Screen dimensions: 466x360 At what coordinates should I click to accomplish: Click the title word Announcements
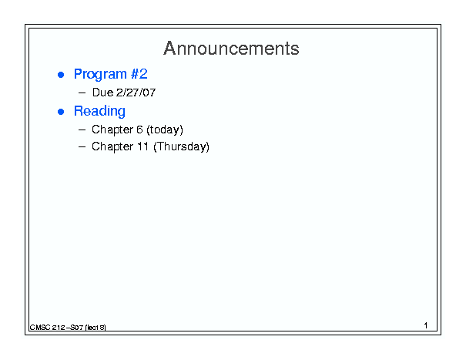click(x=231, y=49)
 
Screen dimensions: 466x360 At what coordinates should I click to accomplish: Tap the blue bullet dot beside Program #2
click(x=61, y=75)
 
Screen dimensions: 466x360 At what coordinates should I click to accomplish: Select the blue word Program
click(x=100, y=74)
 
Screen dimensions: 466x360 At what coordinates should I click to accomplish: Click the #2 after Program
click(x=139, y=74)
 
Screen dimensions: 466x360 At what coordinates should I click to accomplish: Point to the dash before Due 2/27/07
click(x=82, y=93)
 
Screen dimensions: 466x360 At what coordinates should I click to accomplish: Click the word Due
click(x=103, y=93)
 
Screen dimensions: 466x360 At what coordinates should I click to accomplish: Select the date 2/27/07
click(x=136, y=93)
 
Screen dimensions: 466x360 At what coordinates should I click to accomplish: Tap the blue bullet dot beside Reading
click(x=61, y=112)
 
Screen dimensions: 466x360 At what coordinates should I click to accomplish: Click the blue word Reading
click(x=99, y=111)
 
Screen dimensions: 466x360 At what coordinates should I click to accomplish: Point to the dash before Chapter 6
click(x=82, y=130)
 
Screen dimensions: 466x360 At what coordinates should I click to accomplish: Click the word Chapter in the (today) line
click(x=112, y=130)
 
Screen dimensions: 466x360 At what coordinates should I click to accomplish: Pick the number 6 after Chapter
click(x=139, y=130)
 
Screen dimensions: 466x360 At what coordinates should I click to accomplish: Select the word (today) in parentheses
click(x=165, y=130)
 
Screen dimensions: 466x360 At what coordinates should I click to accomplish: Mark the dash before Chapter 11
click(x=82, y=146)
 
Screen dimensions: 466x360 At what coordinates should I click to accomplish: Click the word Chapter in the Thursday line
click(x=112, y=146)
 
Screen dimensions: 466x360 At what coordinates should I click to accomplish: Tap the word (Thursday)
click(x=181, y=146)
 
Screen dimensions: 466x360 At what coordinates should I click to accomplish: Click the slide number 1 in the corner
click(x=426, y=325)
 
